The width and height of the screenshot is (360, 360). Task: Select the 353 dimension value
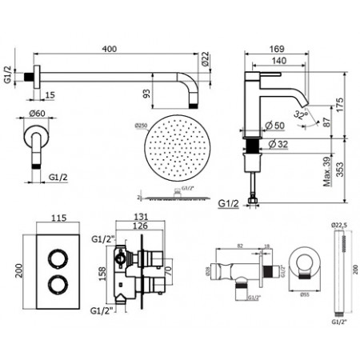[340, 175]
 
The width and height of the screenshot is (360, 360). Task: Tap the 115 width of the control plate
[58, 218]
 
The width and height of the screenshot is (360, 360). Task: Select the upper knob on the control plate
[58, 258]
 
